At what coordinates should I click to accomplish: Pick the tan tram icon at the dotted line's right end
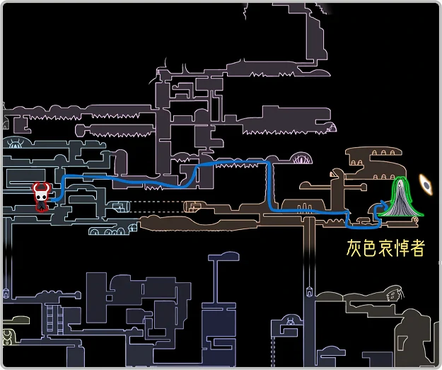(192, 207)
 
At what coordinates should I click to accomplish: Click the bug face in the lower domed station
(290, 324)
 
